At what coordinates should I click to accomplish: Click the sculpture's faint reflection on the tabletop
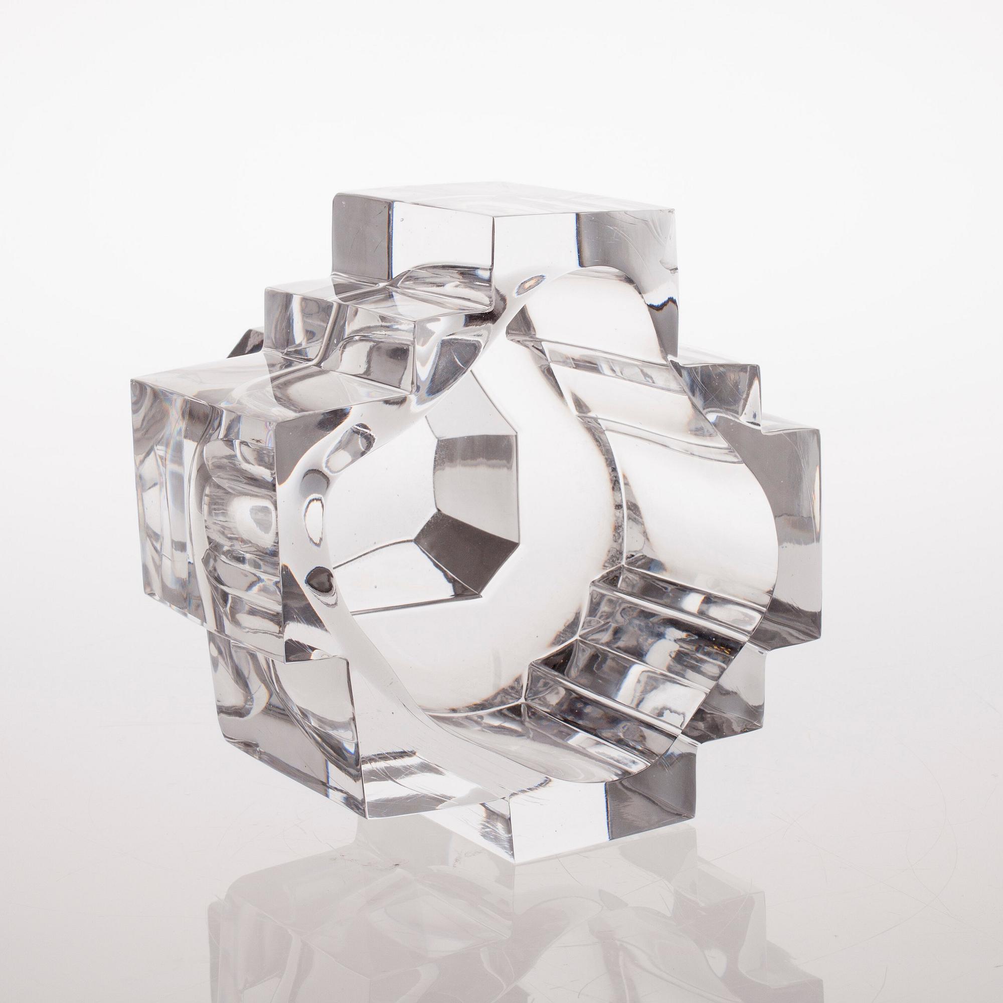[x=467, y=924]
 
